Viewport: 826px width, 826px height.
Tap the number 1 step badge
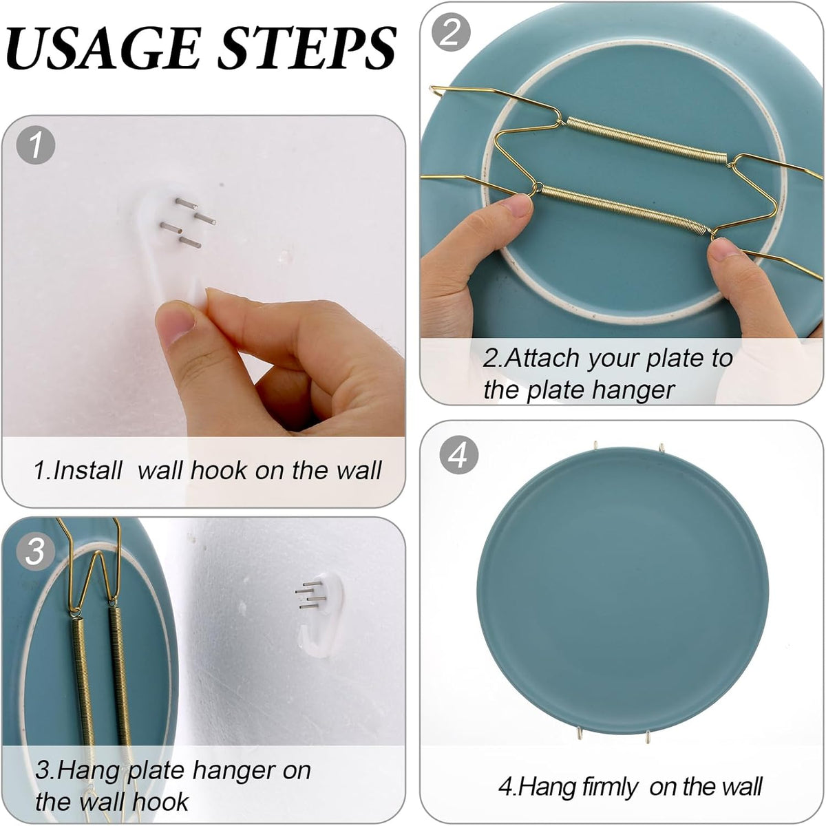[x=34, y=145]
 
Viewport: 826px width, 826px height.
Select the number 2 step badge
[x=451, y=32]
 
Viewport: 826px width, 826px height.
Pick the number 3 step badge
[x=34, y=551]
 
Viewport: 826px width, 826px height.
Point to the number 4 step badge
[x=458, y=455]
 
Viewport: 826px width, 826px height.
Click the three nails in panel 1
[x=187, y=221]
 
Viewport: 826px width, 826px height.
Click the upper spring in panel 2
[x=644, y=140]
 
